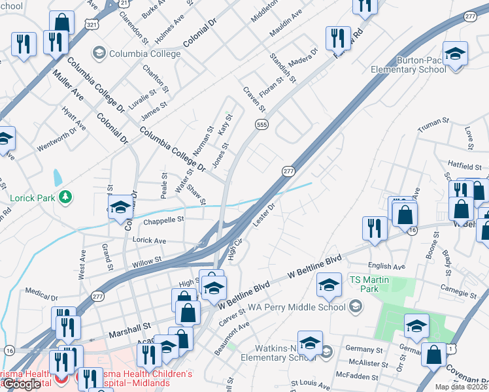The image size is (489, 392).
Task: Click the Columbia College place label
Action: [x=145, y=54]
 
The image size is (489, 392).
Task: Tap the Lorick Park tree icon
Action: [x=65, y=196]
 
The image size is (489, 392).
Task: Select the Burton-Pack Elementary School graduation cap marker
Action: [x=455, y=54]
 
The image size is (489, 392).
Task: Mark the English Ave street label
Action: [x=386, y=266]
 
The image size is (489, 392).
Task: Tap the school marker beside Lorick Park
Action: [x=120, y=207]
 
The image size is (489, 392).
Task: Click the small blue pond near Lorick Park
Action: [x=58, y=176]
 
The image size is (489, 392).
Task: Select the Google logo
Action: [x=22, y=384]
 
